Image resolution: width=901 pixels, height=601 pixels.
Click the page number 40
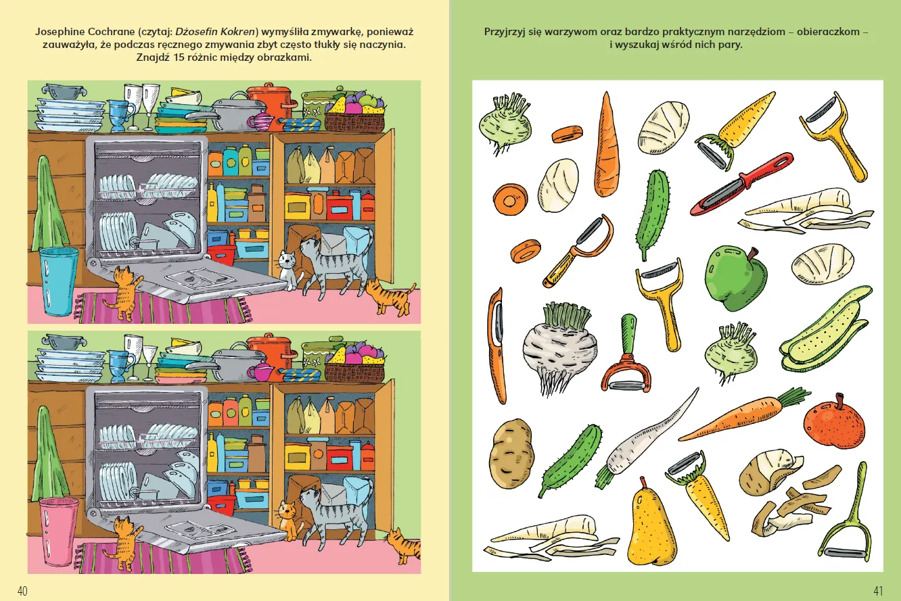click(22, 591)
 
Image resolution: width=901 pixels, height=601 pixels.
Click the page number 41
click(878, 591)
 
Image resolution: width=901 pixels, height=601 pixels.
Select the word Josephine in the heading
click(60, 32)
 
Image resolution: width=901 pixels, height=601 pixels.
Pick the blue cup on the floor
click(58, 280)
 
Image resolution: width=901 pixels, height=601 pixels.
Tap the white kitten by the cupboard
click(288, 269)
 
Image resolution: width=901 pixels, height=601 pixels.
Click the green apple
click(736, 278)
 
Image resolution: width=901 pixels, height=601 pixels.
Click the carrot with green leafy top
click(744, 414)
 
